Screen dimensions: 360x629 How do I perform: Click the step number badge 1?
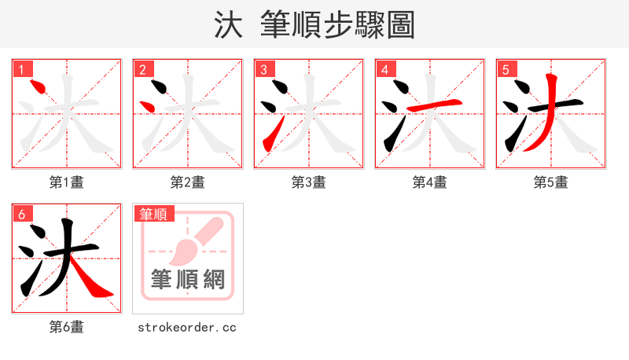pyautogui.click(x=21, y=69)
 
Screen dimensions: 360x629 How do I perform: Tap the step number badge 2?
pyautogui.click(x=142, y=69)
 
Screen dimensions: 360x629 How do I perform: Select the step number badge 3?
pyautogui.click(x=263, y=69)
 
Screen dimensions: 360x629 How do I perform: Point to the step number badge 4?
pyautogui.click(x=384, y=69)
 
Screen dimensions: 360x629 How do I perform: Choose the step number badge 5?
pyautogui.click(x=506, y=69)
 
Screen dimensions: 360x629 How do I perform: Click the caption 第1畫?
pyautogui.click(x=67, y=182)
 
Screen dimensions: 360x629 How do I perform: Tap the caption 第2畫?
pyautogui.click(x=188, y=182)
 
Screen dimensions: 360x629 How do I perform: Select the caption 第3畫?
pyautogui.click(x=309, y=182)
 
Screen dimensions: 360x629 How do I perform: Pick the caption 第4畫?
pyautogui.click(x=430, y=182)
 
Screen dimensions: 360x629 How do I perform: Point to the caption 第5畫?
pyautogui.click(x=551, y=182)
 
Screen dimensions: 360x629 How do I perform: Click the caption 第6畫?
pyautogui.click(x=67, y=327)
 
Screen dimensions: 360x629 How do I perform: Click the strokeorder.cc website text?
pyautogui.click(x=187, y=327)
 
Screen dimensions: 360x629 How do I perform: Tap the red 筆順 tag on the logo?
pyautogui.click(x=154, y=214)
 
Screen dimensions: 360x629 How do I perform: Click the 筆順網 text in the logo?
pyautogui.click(x=188, y=279)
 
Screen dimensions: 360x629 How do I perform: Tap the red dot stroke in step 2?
pyautogui.click(x=145, y=105)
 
